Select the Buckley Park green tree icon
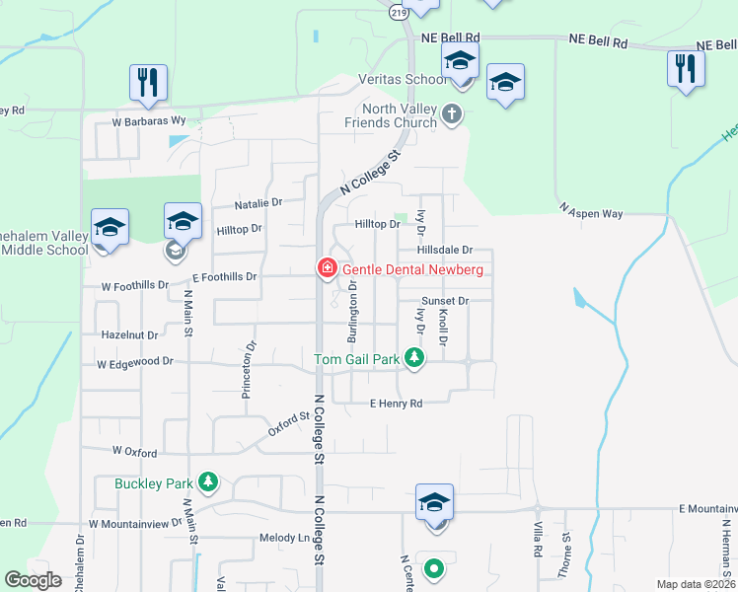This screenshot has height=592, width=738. point(207,482)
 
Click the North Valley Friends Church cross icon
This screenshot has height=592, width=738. point(452,114)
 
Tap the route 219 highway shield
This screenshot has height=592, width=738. point(399,12)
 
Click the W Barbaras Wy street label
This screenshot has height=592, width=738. point(148,120)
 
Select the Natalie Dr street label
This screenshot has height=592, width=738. point(258,203)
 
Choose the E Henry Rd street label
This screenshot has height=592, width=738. point(396,404)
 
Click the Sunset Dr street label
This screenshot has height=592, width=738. point(444,300)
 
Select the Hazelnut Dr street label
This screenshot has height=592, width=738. point(129,335)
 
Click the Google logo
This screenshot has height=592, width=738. point(33,580)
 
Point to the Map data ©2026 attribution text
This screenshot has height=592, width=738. point(695,584)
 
